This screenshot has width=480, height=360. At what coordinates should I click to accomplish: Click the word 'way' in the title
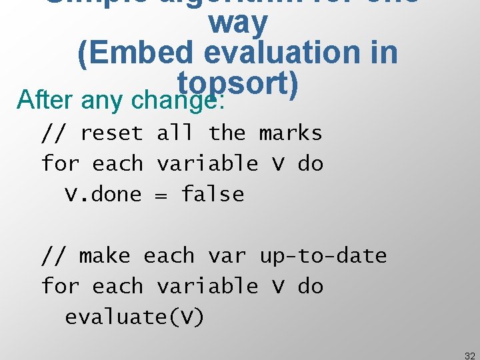(238, 24)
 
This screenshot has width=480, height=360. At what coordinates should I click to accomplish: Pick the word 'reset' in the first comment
(111, 133)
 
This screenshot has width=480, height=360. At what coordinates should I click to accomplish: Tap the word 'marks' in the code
(291, 133)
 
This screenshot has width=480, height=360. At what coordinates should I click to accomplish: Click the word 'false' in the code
(213, 195)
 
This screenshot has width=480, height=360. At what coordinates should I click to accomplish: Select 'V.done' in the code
(103, 195)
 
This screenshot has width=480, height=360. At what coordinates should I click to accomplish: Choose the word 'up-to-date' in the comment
(323, 256)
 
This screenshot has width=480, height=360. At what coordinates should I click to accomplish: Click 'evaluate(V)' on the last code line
(135, 317)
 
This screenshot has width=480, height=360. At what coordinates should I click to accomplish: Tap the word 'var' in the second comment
(227, 256)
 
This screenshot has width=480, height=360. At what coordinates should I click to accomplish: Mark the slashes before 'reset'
(53, 133)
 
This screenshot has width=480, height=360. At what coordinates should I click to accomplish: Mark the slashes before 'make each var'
(53, 256)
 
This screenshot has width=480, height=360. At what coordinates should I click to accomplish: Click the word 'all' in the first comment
(175, 133)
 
